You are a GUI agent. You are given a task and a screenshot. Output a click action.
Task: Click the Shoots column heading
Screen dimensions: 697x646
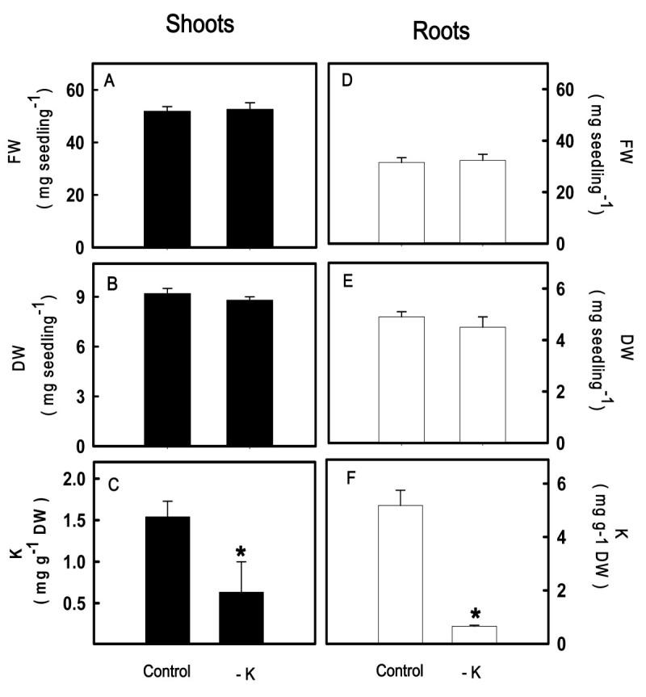click(x=199, y=24)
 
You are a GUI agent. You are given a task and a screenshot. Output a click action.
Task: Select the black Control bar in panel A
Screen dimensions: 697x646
click(x=167, y=178)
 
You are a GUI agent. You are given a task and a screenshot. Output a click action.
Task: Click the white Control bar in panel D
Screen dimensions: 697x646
click(x=401, y=202)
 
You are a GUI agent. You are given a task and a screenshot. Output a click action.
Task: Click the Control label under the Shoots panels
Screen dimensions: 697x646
click(x=167, y=670)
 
